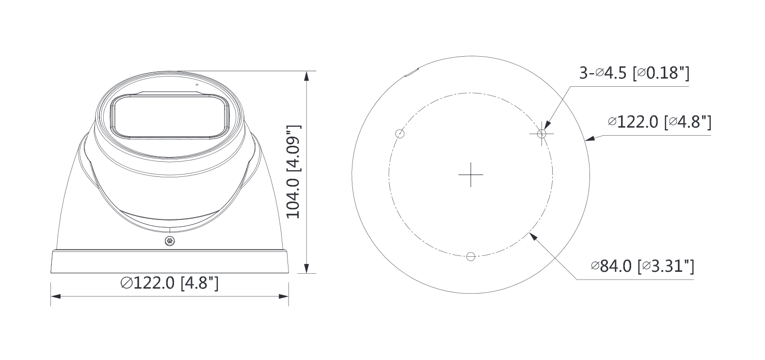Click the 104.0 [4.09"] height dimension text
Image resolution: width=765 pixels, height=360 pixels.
click(x=294, y=172)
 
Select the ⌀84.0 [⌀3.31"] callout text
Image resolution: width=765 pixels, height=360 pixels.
click(x=642, y=266)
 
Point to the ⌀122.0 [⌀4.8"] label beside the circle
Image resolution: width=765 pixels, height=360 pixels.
click(x=659, y=122)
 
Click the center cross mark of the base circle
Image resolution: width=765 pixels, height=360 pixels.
click(x=470, y=174)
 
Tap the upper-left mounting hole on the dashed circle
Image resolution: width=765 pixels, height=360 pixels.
click(x=400, y=134)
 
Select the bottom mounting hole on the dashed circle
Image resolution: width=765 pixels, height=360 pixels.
click(x=470, y=256)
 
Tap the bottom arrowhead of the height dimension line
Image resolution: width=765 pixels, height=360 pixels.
click(x=306, y=268)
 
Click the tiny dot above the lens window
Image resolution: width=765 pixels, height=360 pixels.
click(x=197, y=84)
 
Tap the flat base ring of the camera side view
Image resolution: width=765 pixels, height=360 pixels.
click(x=170, y=262)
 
